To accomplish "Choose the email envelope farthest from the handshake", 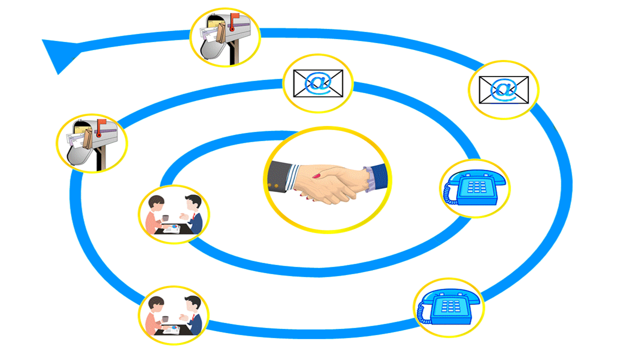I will (503, 90).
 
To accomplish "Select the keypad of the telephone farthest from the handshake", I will (451, 305).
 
